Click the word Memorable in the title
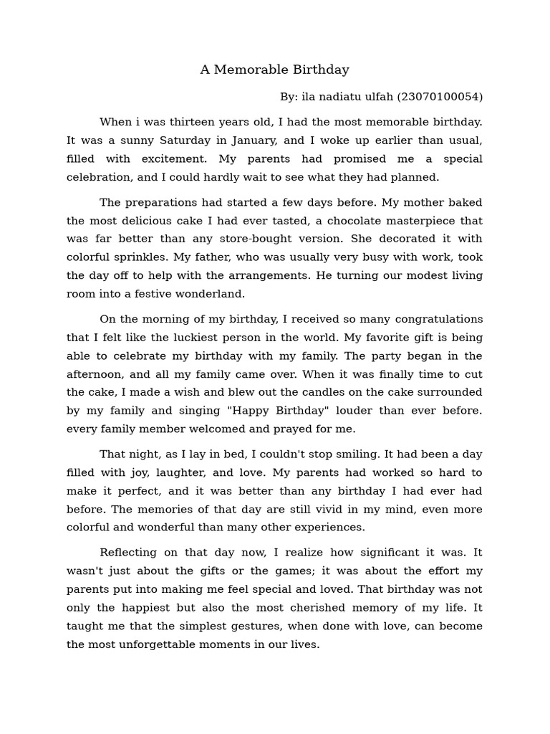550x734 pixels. (248, 70)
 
